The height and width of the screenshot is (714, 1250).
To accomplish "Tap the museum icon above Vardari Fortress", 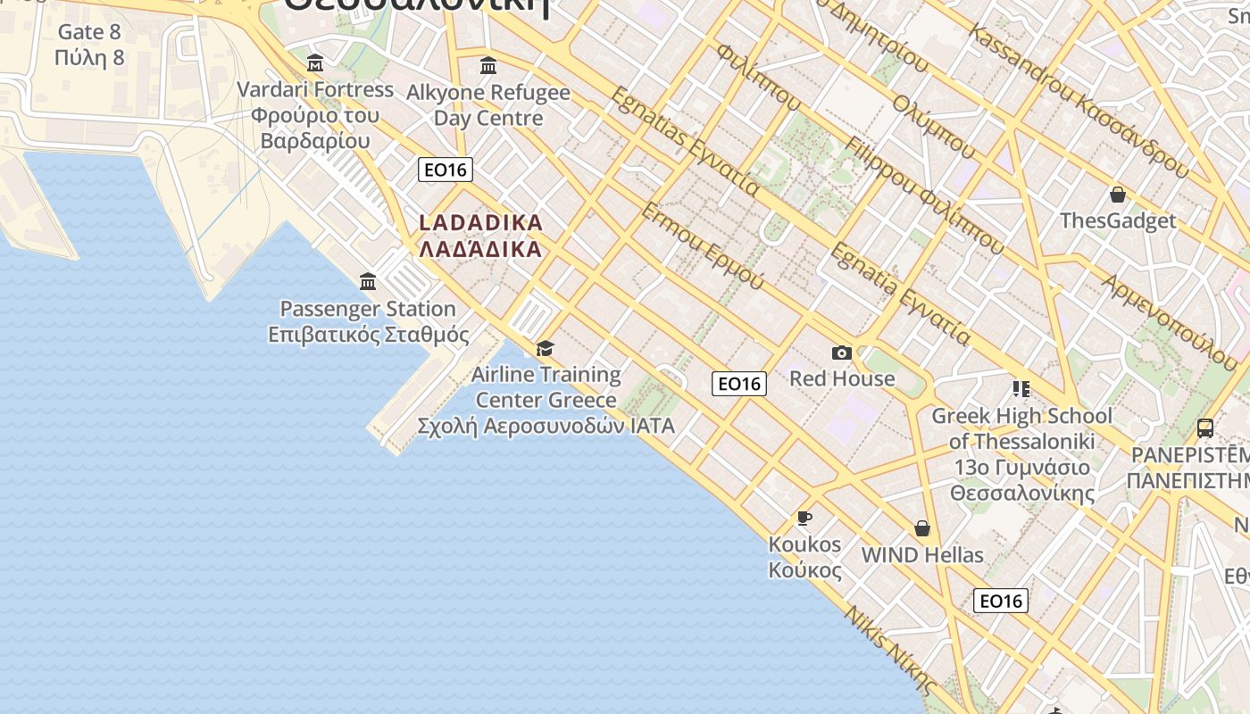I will [315, 63].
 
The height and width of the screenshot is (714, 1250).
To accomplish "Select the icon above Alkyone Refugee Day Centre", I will [488, 66].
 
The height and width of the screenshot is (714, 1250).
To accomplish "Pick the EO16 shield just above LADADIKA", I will [445, 170].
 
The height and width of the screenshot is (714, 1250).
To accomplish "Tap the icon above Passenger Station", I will [368, 282].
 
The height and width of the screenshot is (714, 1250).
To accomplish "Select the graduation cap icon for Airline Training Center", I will [545, 348].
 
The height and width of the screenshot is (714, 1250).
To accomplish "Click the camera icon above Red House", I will [841, 353].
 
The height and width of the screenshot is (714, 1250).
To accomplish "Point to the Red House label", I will [842, 378].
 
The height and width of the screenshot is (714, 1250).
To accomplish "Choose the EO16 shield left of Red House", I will [739, 384].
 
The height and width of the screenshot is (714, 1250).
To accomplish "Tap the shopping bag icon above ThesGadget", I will [1117, 195].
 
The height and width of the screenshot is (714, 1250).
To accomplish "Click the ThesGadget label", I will [1118, 220].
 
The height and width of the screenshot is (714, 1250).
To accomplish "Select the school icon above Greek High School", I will [1021, 389].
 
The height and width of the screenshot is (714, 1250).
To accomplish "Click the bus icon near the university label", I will [1204, 428].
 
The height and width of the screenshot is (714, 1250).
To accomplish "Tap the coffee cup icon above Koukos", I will [804, 519].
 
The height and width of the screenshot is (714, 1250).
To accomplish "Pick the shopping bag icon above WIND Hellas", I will [922, 529].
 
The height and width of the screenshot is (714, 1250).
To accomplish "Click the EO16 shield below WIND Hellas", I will [1001, 601].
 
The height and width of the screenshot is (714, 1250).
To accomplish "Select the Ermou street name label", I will [703, 246].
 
